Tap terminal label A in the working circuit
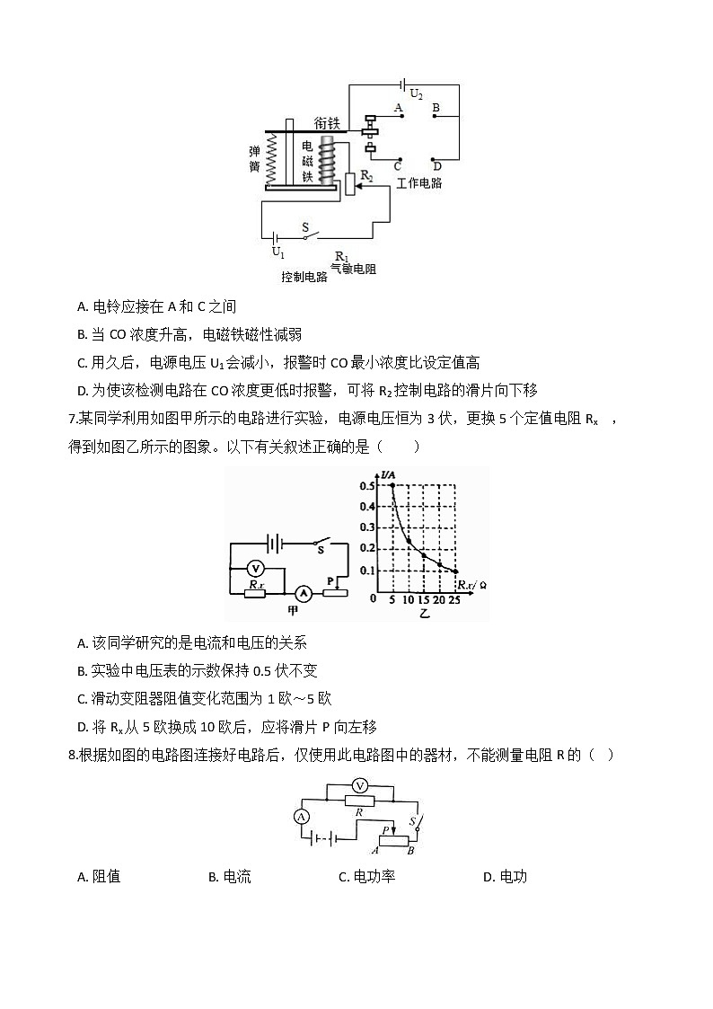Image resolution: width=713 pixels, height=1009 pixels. (398, 107)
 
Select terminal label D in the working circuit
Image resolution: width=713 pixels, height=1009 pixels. (436, 165)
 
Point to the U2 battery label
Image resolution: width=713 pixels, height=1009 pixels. (416, 93)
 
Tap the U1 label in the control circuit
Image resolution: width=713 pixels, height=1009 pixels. (278, 252)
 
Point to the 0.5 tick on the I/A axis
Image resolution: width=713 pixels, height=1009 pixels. (367, 486)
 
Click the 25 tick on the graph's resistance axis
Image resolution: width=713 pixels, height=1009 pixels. (453, 600)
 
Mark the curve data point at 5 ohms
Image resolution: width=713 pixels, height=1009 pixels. (392, 486)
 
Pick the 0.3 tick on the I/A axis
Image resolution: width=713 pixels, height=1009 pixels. (367, 528)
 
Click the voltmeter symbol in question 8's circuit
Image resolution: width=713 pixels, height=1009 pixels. (359, 785)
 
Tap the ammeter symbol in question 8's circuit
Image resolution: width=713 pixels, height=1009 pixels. (302, 817)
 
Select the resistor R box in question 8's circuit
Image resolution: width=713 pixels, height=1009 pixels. (359, 800)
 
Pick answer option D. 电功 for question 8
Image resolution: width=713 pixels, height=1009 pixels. (505, 877)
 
